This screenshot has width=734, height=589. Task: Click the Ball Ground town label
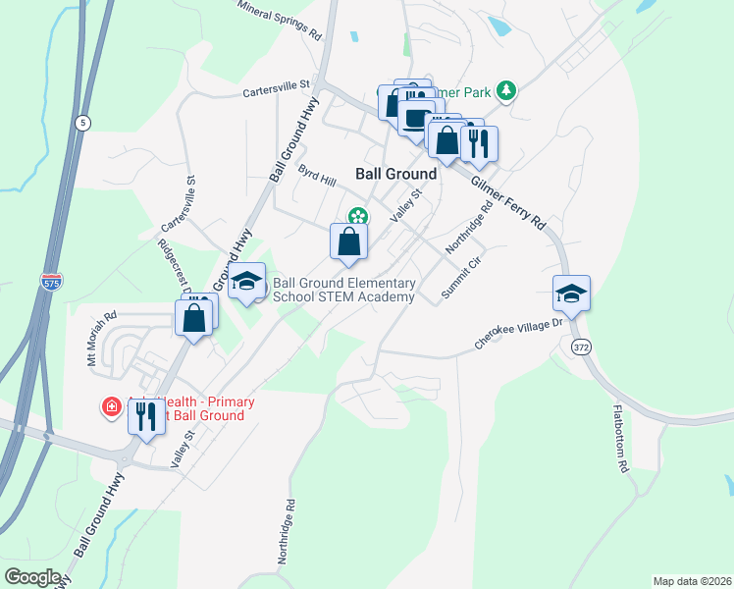(395, 173)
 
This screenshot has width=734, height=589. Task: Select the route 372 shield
(582, 348)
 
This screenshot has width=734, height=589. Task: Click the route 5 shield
(81, 122)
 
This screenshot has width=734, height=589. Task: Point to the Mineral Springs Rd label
(280, 18)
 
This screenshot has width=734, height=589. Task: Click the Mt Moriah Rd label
(101, 337)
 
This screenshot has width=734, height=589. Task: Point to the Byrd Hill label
(317, 175)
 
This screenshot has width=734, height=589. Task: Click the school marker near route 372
(571, 293)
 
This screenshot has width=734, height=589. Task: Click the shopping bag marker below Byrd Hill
(349, 241)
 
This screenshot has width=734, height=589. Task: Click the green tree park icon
(506, 91)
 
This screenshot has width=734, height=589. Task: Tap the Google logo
(32, 577)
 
